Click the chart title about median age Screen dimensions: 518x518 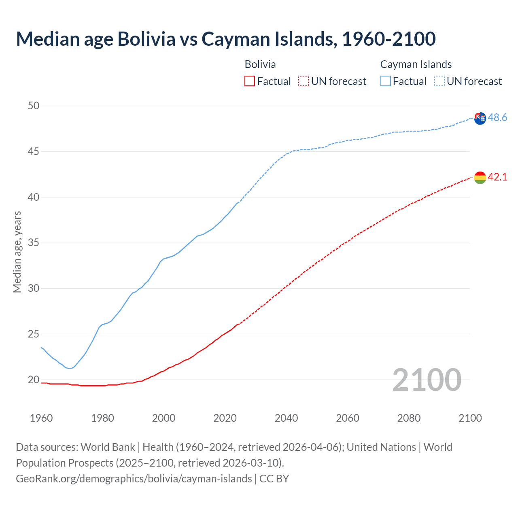click(226, 39)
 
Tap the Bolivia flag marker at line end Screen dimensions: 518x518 click(480, 177)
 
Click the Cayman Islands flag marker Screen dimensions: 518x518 click(480, 118)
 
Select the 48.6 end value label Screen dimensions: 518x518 click(497, 117)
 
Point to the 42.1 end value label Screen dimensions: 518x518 click(497, 177)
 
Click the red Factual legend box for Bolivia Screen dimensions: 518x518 click(250, 81)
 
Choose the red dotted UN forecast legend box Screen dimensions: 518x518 click(304, 81)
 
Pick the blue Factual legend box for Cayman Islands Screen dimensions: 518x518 click(386, 81)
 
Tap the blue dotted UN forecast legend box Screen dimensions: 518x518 click(439, 81)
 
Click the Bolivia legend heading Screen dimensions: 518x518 click(260, 64)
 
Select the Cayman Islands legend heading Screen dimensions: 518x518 click(416, 64)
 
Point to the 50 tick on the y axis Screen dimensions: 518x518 click(34, 106)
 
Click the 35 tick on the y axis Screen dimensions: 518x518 click(34, 243)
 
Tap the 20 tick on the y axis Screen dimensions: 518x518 click(34, 380)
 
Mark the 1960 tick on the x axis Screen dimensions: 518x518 click(41, 418)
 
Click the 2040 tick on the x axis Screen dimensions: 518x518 click(286, 418)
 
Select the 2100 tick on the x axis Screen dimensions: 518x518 click(470, 418)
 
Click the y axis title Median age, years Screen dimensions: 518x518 click(17, 252)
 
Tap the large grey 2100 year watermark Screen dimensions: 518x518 click(427, 380)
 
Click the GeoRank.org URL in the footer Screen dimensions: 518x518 click(134, 479)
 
